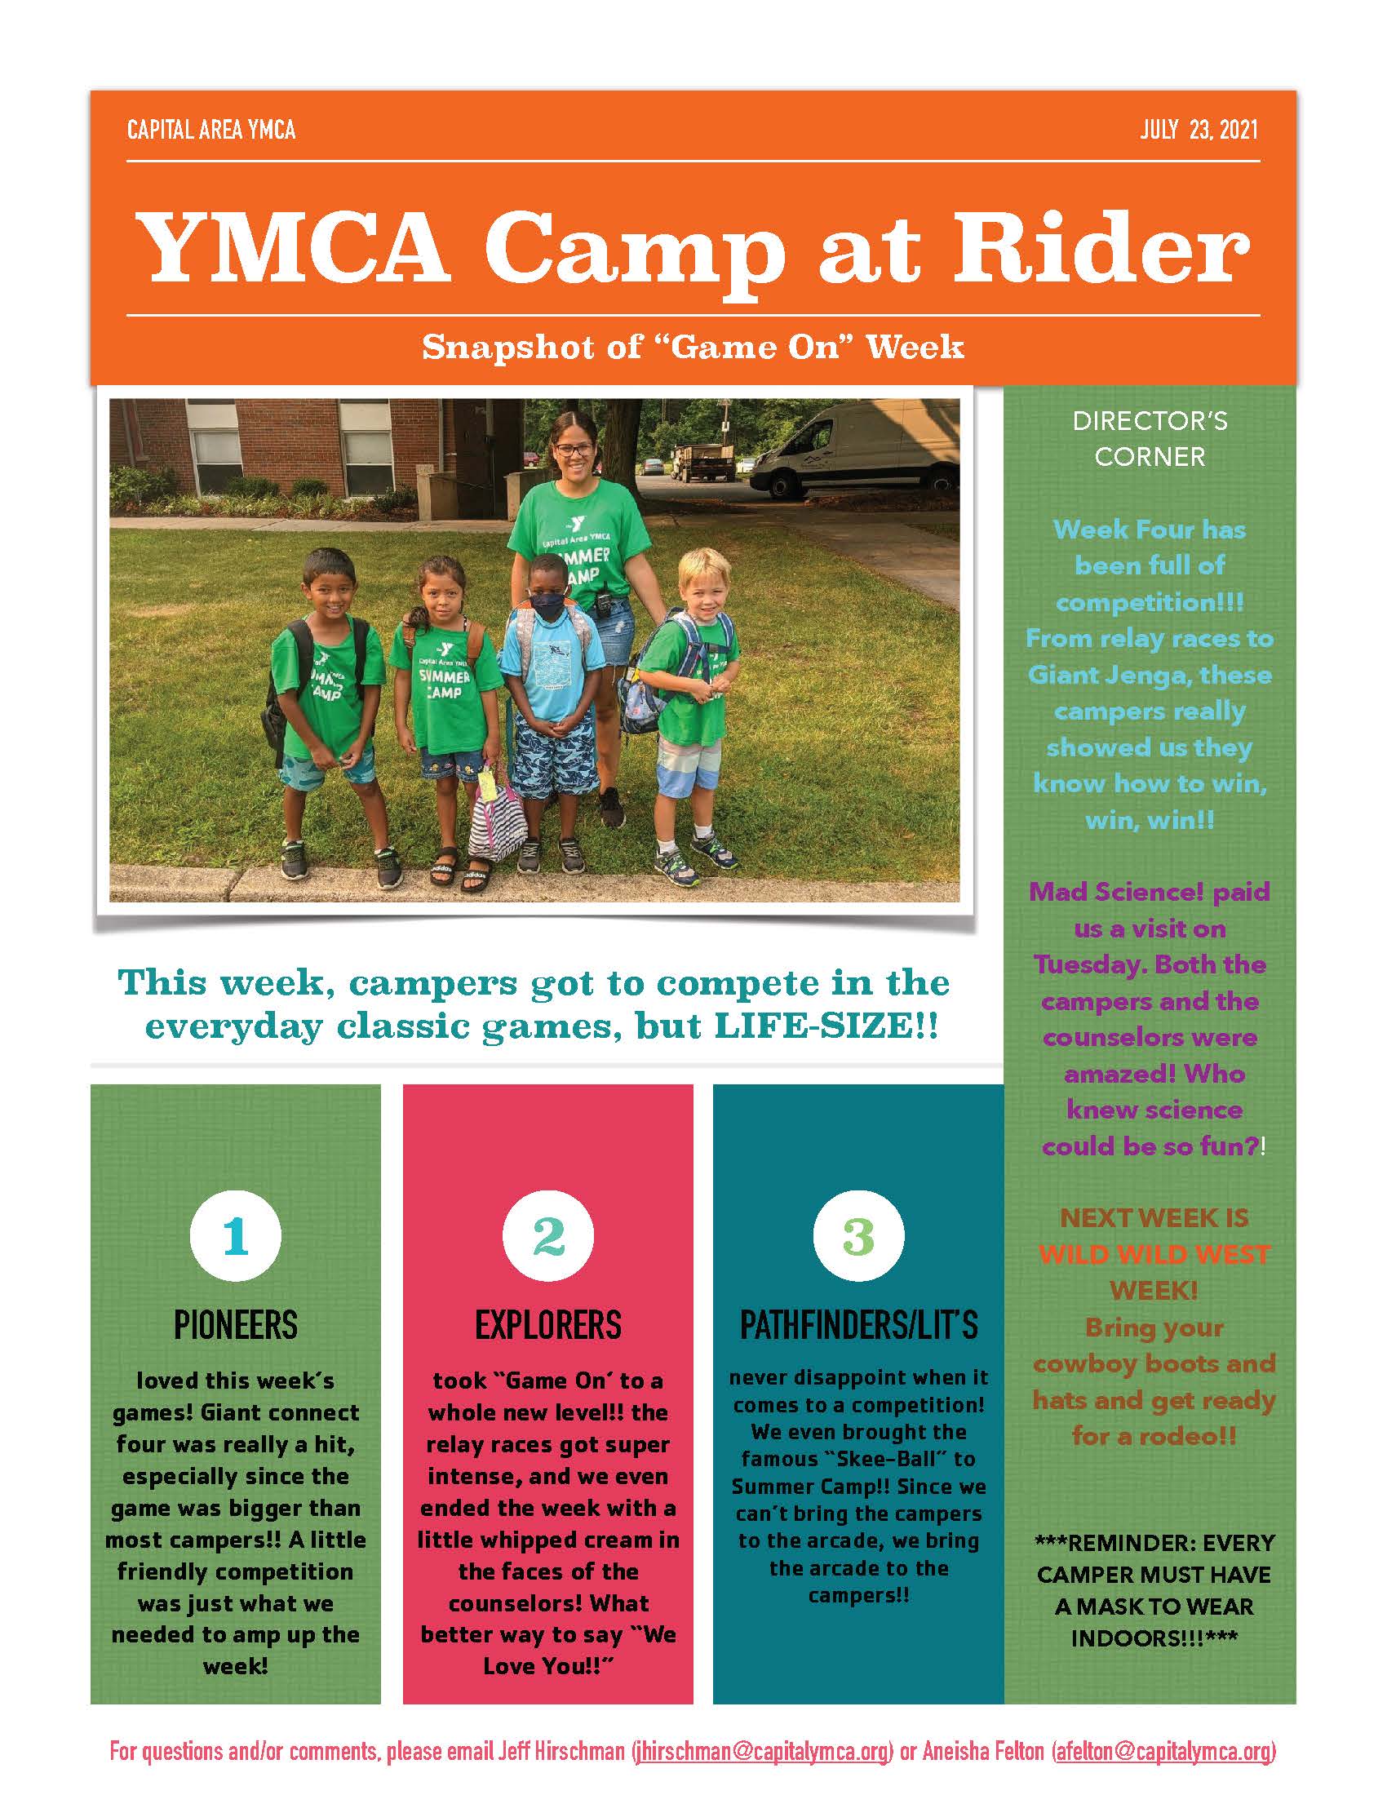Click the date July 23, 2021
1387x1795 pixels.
[1198, 131]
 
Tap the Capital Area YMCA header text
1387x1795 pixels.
[211, 131]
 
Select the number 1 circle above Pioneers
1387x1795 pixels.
[236, 1236]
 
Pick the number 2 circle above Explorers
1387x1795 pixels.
[548, 1236]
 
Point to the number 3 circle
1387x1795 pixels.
[858, 1236]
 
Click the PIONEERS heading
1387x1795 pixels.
[236, 1325]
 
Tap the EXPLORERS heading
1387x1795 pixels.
[548, 1325]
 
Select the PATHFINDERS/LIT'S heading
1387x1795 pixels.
[858, 1325]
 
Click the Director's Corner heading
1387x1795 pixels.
[1150, 439]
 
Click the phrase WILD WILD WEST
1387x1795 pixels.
[1154, 1255]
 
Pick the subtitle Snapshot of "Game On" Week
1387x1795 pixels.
[693, 348]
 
